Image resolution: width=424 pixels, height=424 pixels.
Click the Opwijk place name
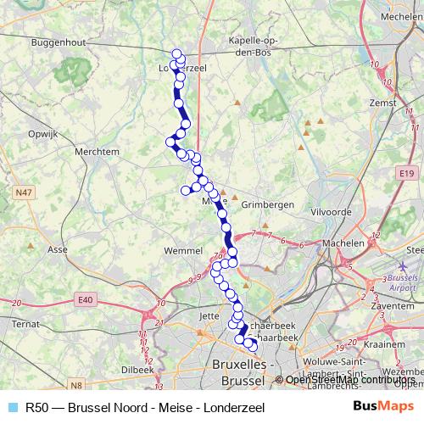click(x=42, y=134)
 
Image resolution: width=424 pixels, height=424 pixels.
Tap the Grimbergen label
click(x=267, y=205)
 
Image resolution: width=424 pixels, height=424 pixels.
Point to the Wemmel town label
click(x=183, y=252)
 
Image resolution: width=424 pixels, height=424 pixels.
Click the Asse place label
click(x=58, y=250)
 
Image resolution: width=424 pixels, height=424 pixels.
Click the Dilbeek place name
click(x=137, y=370)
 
